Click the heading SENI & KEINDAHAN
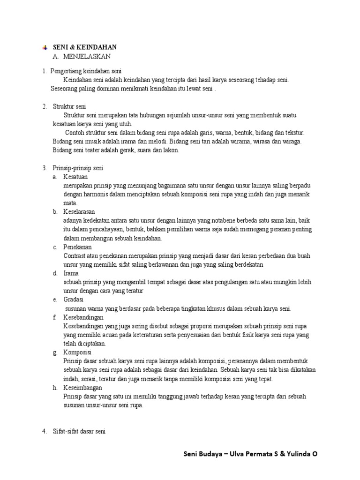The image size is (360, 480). (84, 47)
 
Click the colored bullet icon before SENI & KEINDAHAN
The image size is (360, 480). (45, 47)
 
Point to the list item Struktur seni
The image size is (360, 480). (69, 106)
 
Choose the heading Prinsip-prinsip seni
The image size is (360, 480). (78, 168)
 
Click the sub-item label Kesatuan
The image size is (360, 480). (75, 177)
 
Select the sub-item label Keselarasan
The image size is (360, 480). (79, 212)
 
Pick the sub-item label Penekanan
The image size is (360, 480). (77, 247)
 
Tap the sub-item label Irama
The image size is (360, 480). (71, 273)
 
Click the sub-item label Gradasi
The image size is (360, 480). (73, 300)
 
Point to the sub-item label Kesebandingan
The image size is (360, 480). (83, 317)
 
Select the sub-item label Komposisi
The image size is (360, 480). (77, 352)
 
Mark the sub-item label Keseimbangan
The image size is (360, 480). (82, 388)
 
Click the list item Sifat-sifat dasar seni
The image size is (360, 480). (79, 432)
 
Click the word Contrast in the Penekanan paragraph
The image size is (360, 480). (75, 256)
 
